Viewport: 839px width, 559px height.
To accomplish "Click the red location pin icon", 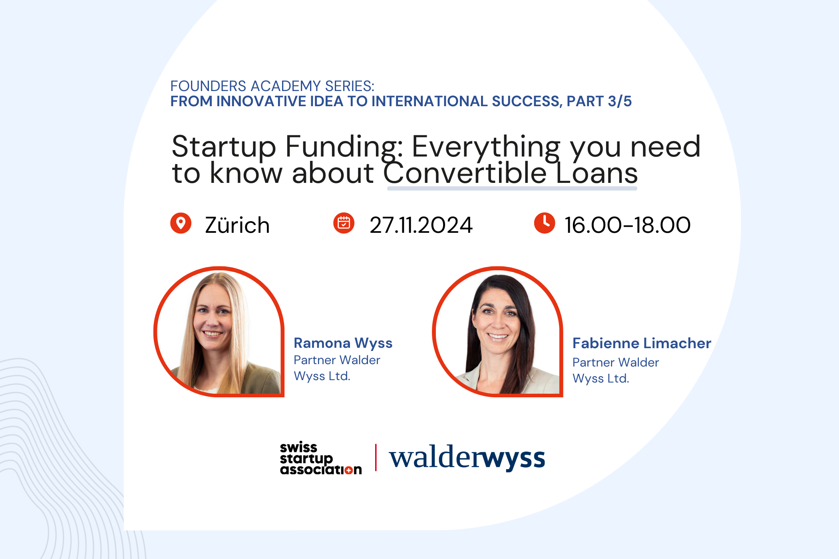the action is (x=181, y=223).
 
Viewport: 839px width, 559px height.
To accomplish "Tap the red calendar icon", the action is (x=344, y=223).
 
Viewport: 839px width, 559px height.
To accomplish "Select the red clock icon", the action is (x=544, y=223).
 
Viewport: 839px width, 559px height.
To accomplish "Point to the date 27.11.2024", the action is (x=421, y=225).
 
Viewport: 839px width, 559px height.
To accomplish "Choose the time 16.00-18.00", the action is (x=627, y=225).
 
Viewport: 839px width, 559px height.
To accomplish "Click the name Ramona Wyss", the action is (x=343, y=343).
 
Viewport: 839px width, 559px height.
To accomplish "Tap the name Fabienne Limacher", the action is (x=642, y=343).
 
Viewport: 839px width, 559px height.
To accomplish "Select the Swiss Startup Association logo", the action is (x=321, y=458).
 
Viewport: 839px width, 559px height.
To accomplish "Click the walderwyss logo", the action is (x=467, y=458).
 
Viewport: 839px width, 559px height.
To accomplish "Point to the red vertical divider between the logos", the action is (x=376, y=458).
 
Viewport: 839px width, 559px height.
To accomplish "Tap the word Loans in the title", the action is (x=596, y=173).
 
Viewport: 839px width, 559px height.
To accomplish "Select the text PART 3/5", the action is (x=599, y=101).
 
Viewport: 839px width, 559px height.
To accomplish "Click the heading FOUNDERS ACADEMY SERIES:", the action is (x=272, y=86).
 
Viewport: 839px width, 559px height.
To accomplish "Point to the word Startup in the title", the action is (x=224, y=147).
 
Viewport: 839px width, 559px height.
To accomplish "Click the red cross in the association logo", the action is (x=348, y=470).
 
